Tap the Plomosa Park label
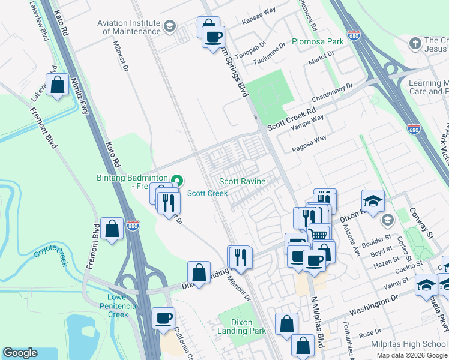318,41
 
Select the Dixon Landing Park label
249,326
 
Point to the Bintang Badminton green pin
177,179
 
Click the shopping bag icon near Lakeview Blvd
58,85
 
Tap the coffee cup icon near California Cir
163,317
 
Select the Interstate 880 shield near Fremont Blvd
133,226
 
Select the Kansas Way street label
258,20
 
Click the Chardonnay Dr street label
333,94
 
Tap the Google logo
20,352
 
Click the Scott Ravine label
242,181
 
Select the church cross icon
414,43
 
